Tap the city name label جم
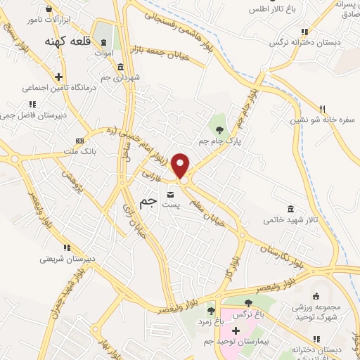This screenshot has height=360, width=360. click(148, 202)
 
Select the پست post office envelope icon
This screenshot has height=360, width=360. click(171, 194)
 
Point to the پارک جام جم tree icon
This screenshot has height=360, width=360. click(219, 129)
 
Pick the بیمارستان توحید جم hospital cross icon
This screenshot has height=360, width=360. click(236, 330)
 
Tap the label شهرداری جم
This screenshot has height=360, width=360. click(124, 77)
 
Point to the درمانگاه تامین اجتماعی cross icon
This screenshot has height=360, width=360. click(59, 77)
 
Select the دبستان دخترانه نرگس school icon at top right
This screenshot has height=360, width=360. click(304, 32)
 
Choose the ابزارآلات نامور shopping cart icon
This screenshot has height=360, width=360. click(48, 9)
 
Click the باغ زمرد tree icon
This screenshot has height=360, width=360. click(210, 310)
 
